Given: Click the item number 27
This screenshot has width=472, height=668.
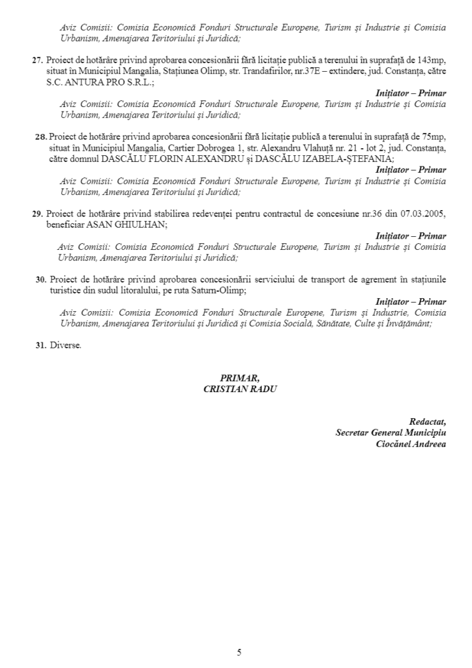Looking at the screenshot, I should click(x=37, y=60).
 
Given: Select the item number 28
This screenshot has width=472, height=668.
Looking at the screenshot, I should click(x=40, y=137).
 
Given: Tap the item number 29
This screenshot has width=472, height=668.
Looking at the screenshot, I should click(x=37, y=214).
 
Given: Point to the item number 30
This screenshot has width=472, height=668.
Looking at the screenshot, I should click(x=40, y=279).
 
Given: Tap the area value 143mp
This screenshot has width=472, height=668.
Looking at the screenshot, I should click(x=431, y=60).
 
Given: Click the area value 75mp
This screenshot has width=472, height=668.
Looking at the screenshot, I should click(x=434, y=137).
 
